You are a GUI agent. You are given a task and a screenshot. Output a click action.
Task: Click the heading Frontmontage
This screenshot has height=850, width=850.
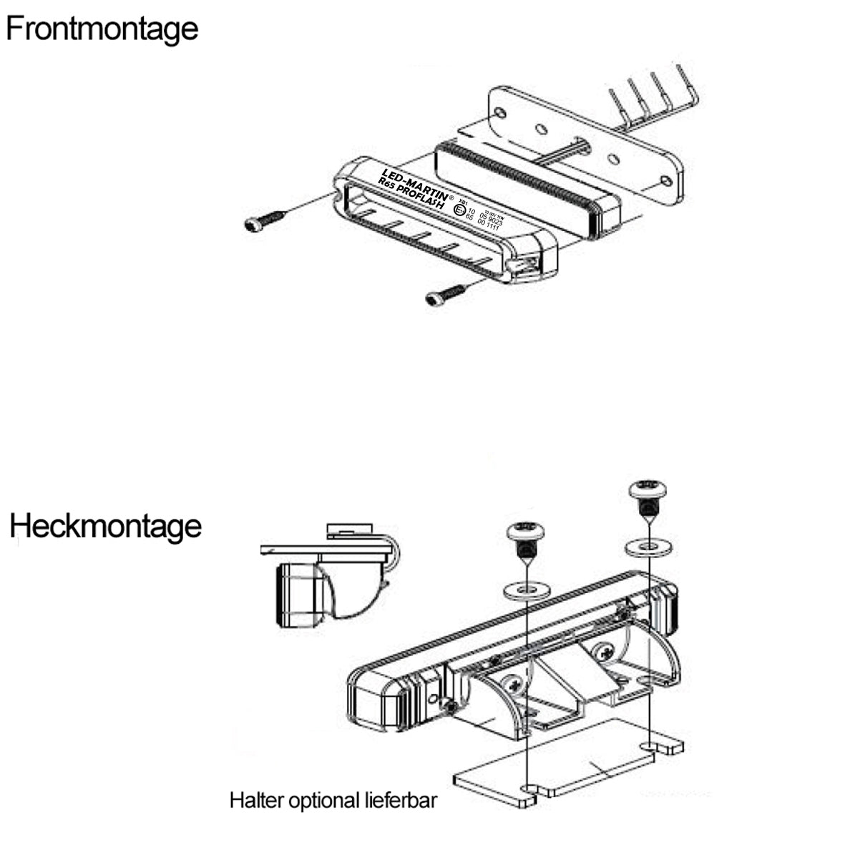click(x=102, y=29)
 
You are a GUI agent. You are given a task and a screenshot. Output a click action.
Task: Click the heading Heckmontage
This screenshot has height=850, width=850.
click(x=105, y=527)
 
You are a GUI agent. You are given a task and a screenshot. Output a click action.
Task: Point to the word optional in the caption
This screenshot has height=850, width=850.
click(x=322, y=801)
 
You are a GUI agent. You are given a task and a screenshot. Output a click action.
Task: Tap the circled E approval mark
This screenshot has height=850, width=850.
click(x=459, y=209)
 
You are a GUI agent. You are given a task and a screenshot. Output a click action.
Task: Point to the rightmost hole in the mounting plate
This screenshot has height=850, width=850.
click(x=665, y=180)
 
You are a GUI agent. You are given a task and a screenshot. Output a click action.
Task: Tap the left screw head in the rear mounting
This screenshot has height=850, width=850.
click(x=526, y=532)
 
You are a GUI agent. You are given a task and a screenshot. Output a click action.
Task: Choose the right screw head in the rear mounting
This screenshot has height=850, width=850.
click(x=648, y=490)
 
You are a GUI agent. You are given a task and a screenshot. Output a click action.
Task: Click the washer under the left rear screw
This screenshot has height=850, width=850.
click(x=526, y=590)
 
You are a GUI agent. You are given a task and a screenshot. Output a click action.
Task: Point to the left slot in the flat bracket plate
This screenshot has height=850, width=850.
click(x=530, y=789)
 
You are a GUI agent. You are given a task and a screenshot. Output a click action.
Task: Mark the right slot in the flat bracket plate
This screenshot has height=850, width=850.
click(x=651, y=746)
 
